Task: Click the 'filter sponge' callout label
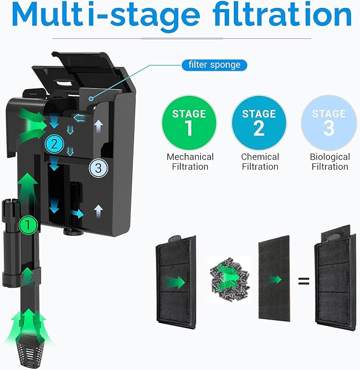coord(214,65)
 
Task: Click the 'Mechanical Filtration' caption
coord(190,162)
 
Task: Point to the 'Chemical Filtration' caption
coord(260,162)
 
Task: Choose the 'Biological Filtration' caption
coord(330,162)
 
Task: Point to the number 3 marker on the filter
coord(98,168)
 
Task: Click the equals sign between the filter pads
coord(303,280)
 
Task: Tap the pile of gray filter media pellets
coord(229,280)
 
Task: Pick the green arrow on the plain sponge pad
coord(275,280)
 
